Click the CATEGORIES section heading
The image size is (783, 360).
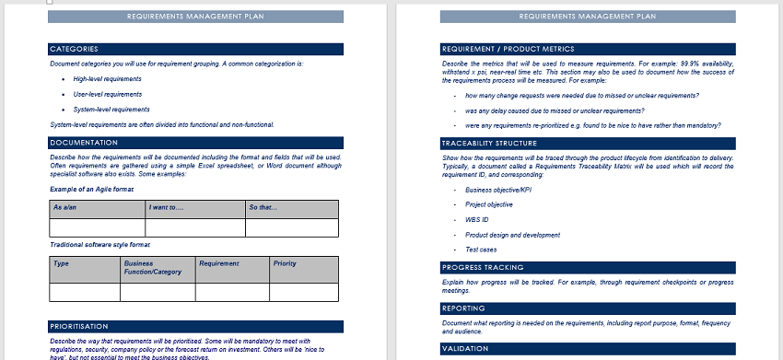coord(75,49)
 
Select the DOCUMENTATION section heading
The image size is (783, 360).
coord(84,143)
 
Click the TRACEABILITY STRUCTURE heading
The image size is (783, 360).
coord(488,144)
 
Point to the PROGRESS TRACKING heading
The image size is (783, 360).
coord(483,267)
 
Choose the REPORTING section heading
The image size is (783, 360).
coord(466,308)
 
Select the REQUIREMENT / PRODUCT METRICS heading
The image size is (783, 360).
coord(508,49)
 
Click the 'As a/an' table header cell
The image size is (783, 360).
coord(64,207)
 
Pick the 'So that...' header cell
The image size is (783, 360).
coord(263,207)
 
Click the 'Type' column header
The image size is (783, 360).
coord(62,263)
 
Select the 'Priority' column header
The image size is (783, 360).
coord(285,263)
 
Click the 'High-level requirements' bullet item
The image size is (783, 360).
coord(108,79)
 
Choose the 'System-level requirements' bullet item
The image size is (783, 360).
coord(111,110)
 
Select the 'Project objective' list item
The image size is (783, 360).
coord(489,204)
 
